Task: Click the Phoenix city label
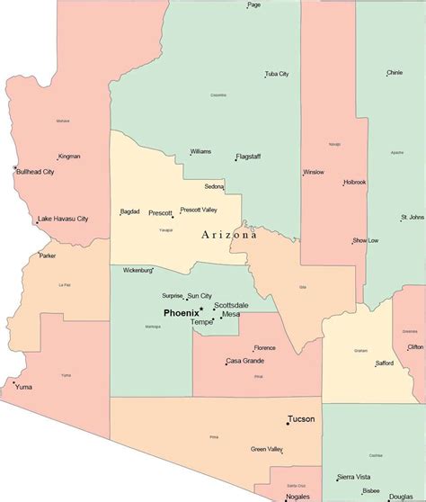coord(181,312)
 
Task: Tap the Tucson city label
coord(301,419)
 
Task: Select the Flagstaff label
coord(249,157)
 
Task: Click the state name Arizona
coord(228,235)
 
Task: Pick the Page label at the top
coord(254,4)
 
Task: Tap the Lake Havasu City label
coord(64,219)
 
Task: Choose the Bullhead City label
coord(35,172)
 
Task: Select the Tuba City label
coord(277,74)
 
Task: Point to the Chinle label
coord(395,73)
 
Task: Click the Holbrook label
coord(354,183)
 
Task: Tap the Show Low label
coord(366,241)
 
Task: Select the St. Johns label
coord(413,217)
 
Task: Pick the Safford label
coord(386,363)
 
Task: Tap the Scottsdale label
coord(231,304)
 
